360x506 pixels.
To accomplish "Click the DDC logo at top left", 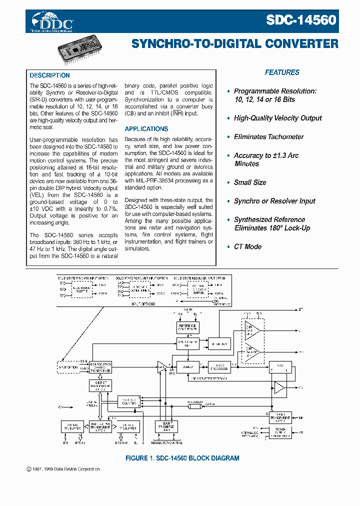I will point(52,22).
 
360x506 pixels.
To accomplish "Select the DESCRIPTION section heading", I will point(49,75).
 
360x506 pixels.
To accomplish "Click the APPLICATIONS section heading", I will point(146,129).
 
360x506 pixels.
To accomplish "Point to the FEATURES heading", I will point(282,72).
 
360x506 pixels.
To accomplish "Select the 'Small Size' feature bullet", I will point(249,182).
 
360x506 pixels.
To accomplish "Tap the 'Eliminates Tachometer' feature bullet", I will point(268,136).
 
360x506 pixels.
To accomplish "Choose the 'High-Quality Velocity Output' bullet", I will point(277,118).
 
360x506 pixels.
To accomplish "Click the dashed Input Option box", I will point(68,367).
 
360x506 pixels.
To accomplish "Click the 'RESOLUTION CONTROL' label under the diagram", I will point(166,442).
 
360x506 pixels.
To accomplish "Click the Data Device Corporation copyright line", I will point(62,469).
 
